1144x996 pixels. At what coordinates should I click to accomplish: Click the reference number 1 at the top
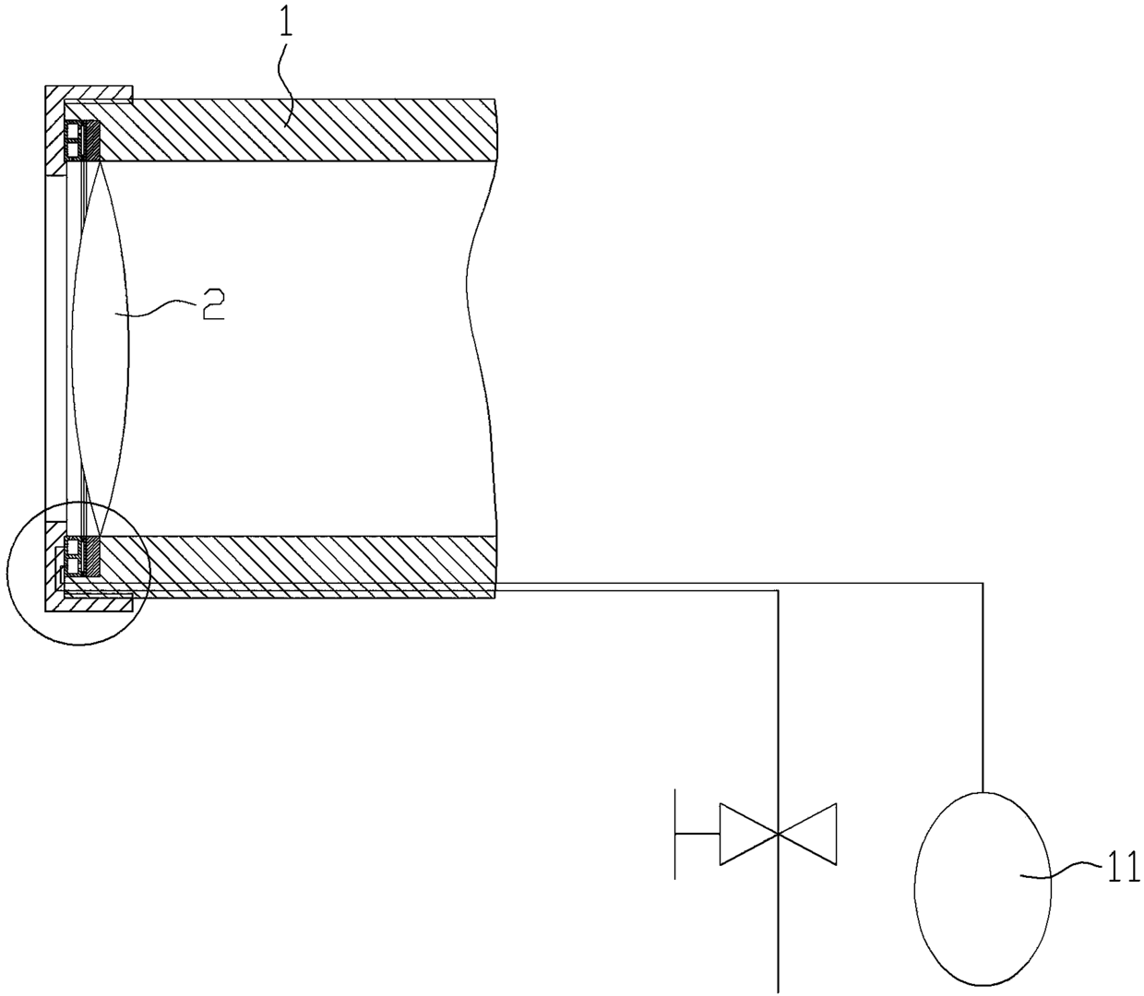[286, 23]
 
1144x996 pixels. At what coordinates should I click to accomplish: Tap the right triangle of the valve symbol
[809, 834]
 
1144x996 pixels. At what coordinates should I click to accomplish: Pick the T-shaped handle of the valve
[678, 834]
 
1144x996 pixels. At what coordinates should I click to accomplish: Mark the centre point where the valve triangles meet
[778, 834]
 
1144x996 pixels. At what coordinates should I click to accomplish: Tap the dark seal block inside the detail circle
[90, 555]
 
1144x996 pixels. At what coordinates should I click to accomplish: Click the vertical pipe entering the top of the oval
[983, 692]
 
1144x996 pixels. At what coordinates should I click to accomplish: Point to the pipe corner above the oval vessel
[983, 583]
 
